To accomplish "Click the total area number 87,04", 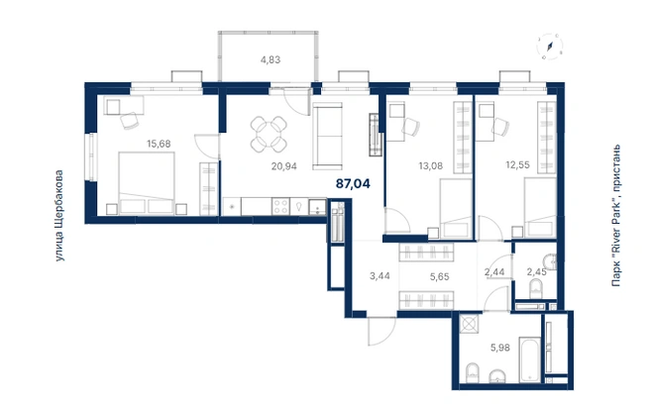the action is [353, 183].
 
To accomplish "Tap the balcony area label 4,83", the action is [271, 59].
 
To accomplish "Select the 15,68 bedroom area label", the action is [159, 144].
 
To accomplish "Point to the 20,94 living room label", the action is [284, 166].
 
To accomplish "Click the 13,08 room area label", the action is [431, 166].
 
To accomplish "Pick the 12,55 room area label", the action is [518, 164].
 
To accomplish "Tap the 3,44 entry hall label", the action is [379, 276].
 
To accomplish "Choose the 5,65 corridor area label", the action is [439, 276].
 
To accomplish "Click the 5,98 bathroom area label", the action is [500, 348].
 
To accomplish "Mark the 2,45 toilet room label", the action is [536, 271].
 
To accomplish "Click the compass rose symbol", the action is [550, 46].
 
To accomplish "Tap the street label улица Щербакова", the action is [59, 215].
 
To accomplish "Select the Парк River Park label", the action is [616, 215].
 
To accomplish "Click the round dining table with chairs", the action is [269, 134].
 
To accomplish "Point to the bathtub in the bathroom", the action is [530, 360].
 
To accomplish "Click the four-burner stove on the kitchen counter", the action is [280, 206].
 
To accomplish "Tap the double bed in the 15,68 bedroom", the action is [147, 183].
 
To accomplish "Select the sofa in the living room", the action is [328, 136].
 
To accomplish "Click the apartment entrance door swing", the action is [381, 331].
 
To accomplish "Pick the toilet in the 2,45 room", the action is [536, 289].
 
